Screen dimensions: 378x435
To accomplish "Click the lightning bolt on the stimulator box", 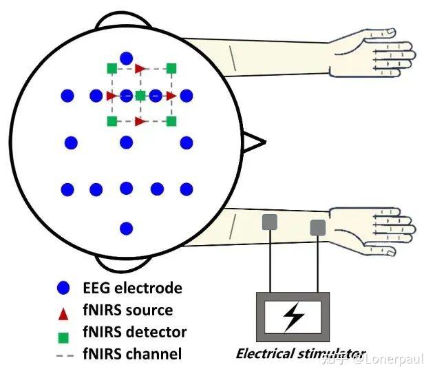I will point(293,317).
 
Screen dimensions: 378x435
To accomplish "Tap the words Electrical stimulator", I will point(300,354).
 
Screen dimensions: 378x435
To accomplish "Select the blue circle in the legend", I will point(64,288).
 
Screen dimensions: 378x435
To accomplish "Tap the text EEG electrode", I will point(131,288).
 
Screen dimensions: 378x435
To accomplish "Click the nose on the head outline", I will point(255,143).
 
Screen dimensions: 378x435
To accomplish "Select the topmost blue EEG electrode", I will point(126,59).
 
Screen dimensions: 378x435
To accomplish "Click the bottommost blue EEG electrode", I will point(126,228).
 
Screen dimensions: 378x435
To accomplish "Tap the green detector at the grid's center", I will point(140,95).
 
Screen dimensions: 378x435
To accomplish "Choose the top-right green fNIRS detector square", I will point(171,67).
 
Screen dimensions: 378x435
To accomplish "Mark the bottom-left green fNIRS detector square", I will point(112,121).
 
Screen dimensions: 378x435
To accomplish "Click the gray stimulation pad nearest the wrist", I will point(317,227).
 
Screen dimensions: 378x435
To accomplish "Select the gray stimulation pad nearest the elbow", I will point(269,222).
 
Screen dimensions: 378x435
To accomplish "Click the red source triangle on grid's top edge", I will point(140,68).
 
